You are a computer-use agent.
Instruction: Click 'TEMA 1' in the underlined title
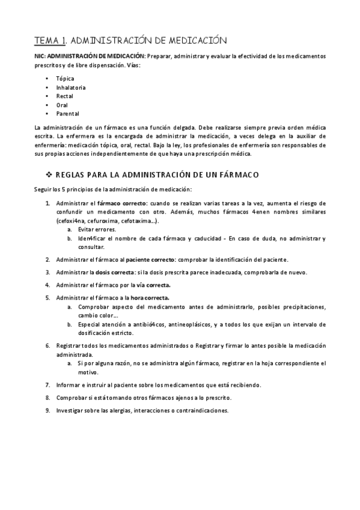point(50,40)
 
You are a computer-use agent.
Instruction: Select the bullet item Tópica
point(64,79)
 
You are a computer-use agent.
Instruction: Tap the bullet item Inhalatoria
point(71,87)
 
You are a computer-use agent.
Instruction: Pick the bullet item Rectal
point(64,96)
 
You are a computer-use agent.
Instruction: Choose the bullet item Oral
point(62,105)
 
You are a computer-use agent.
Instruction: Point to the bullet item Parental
point(67,113)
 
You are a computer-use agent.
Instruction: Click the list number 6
point(48,346)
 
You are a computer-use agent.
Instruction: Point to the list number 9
point(48,410)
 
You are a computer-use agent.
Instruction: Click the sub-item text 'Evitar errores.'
point(97,230)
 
